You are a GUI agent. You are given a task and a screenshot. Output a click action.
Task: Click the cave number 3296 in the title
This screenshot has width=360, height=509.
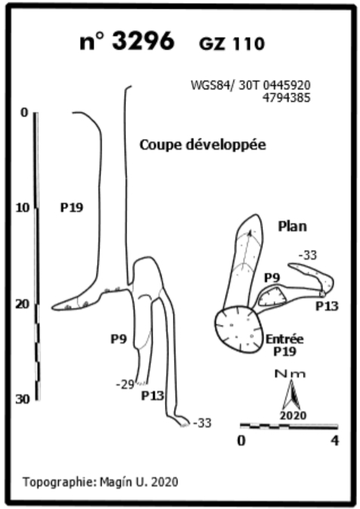144,42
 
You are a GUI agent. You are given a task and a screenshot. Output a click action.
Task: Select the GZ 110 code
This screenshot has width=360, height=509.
232,44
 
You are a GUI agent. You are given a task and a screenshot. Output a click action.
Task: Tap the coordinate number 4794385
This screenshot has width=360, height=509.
286,97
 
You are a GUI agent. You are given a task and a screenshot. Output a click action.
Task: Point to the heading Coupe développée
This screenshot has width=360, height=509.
203,145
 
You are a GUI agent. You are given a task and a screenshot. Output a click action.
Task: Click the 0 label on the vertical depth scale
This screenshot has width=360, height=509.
25,113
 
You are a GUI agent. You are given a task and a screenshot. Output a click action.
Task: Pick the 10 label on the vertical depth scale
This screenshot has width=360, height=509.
23,208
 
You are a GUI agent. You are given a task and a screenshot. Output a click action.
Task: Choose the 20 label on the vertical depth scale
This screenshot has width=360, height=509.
23,304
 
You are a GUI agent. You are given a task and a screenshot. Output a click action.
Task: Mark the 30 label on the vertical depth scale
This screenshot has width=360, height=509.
23,399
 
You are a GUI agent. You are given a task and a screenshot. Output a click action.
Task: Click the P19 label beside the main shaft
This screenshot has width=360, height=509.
72,208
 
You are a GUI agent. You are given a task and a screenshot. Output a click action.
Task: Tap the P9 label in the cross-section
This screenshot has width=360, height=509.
118,339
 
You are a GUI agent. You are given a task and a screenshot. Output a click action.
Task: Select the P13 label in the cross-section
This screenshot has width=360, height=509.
152,396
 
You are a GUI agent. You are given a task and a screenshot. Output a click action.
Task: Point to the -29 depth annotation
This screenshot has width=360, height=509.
125,385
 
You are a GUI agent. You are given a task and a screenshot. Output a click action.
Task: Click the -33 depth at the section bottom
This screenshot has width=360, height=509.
202,423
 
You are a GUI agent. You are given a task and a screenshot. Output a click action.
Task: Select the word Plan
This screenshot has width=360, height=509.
292,227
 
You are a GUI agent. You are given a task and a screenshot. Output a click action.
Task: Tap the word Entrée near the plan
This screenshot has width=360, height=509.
285,339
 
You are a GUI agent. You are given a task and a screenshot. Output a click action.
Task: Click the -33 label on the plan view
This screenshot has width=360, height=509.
307,255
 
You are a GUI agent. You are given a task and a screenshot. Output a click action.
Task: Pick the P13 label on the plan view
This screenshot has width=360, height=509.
327,306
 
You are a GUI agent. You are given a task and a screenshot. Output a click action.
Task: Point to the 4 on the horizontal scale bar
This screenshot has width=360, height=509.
334,441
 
